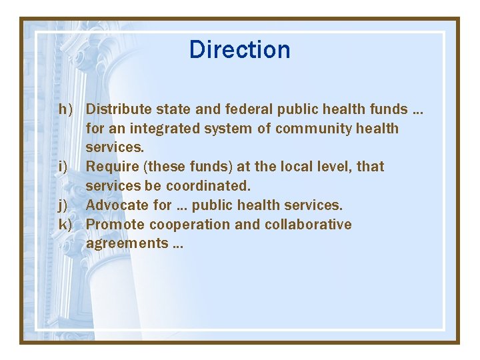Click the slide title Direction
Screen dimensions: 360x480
click(239, 50)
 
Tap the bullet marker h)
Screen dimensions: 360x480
click(65, 109)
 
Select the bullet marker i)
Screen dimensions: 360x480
click(64, 166)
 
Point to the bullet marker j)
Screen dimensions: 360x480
click(65, 205)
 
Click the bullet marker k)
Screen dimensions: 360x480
click(65, 224)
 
